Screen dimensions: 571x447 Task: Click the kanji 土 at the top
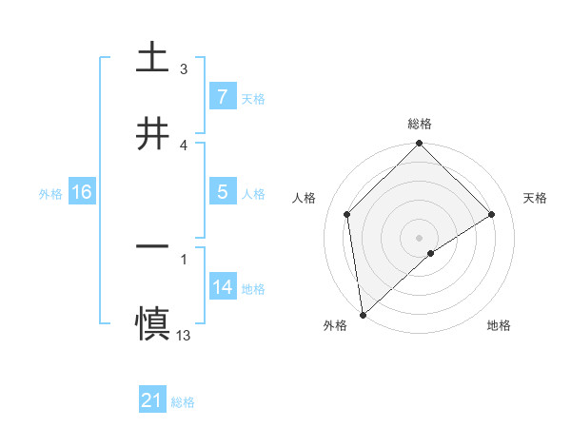pos(152,56)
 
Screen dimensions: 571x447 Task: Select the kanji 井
pos(152,132)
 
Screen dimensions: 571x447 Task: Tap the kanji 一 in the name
pos(152,246)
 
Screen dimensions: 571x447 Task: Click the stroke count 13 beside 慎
pos(184,335)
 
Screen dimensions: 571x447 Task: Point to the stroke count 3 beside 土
pos(184,68)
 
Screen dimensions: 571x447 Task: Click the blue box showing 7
pos(222,96)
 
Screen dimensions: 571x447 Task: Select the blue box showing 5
pos(222,192)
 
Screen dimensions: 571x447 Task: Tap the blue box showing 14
pos(222,287)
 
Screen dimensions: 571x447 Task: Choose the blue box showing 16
pos(82,192)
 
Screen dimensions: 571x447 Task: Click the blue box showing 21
pos(151,401)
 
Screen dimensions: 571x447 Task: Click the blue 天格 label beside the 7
pos(253,98)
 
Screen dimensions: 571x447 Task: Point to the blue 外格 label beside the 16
pos(50,193)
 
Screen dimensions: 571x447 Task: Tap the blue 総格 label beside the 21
pos(183,402)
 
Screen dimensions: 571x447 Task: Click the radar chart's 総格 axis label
pos(420,124)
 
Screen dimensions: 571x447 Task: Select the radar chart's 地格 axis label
pos(499,325)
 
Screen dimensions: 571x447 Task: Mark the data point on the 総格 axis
pos(420,145)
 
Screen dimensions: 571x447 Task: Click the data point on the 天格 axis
pos(492,214)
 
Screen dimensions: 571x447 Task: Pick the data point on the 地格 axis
pos(431,253)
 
